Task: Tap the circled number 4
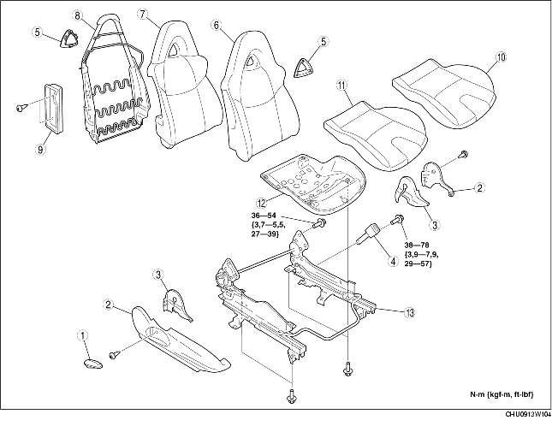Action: pyautogui.click(x=393, y=262)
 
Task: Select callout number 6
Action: pyautogui.click(x=217, y=26)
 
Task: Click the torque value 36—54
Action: pyautogui.click(x=268, y=215)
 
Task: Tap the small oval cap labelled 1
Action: pyautogui.click(x=92, y=364)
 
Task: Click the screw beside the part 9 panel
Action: pyautogui.click(x=19, y=107)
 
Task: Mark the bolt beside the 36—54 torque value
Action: pyautogui.click(x=318, y=224)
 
